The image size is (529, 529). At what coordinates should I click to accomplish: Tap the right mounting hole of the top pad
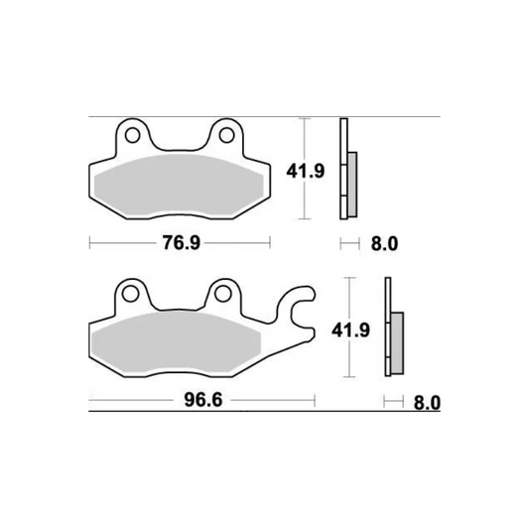[226, 132]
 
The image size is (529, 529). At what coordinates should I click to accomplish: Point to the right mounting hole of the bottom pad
[224, 292]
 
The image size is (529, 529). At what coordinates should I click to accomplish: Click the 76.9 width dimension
[179, 242]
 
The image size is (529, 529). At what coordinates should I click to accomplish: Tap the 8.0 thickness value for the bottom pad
[427, 402]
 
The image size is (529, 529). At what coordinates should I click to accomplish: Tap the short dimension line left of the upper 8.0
[348, 242]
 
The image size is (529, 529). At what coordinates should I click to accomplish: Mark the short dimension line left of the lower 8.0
[392, 402]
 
